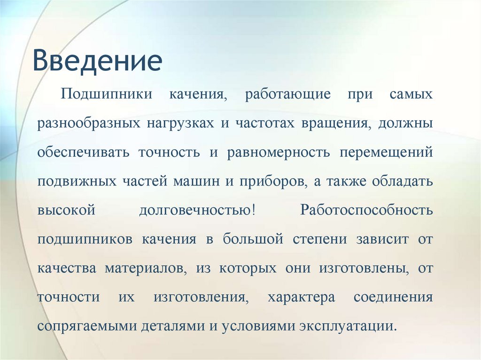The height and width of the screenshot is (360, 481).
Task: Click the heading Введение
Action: (97, 61)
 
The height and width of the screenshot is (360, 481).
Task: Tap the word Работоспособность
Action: (366, 210)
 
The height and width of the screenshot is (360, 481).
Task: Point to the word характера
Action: (301, 297)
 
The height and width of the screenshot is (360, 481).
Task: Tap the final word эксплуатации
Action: (348, 326)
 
